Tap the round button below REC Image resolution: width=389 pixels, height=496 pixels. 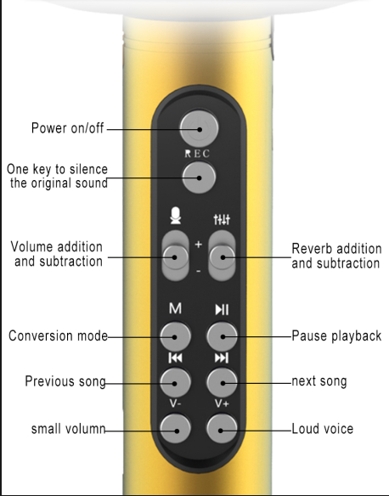click(199, 178)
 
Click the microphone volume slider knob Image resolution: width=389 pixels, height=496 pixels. click(175, 256)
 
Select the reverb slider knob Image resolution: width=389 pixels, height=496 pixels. click(222, 256)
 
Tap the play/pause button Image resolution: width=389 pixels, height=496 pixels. click(222, 336)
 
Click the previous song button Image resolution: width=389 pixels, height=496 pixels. click(175, 383)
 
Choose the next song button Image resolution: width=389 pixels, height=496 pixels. click(222, 383)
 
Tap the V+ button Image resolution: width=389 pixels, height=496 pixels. click(222, 429)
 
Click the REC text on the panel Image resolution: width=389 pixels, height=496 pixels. click(197, 154)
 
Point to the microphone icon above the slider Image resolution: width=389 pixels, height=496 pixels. click(176, 216)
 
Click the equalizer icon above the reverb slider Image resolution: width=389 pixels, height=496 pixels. click(222, 219)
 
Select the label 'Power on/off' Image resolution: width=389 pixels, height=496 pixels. click(68, 128)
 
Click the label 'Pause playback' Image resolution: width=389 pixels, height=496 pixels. click(336, 335)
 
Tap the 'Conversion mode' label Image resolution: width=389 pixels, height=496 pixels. click(59, 335)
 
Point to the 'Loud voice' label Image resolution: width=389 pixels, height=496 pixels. click(322, 429)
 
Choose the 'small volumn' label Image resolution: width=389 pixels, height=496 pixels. click(68, 429)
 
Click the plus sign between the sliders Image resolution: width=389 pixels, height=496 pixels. click(198, 245)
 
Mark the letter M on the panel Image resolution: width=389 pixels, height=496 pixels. click(176, 308)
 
